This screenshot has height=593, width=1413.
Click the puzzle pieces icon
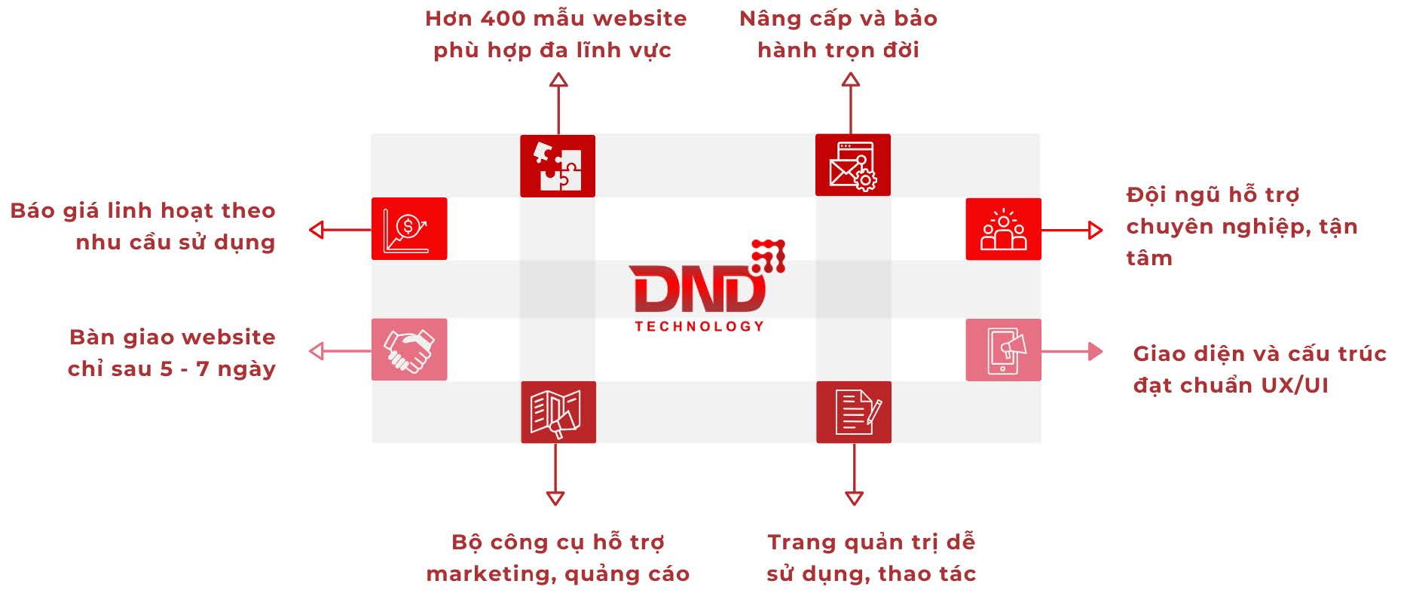(558, 166)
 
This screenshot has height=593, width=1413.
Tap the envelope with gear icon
(852, 165)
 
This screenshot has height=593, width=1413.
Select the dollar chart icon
(408, 229)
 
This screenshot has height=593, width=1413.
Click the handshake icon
(408, 350)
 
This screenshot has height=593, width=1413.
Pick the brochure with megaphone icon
(558, 412)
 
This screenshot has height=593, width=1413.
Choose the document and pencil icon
(853, 412)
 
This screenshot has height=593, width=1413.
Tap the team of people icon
(1003, 229)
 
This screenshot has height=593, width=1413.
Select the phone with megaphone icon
(1003, 350)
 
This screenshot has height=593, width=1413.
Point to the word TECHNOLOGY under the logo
(699, 326)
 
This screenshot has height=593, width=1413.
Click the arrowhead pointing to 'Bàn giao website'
(317, 350)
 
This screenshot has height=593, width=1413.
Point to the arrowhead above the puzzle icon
(558, 80)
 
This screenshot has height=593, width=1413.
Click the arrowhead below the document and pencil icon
(854, 497)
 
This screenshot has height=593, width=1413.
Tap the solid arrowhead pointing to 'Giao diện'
(1095, 351)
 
